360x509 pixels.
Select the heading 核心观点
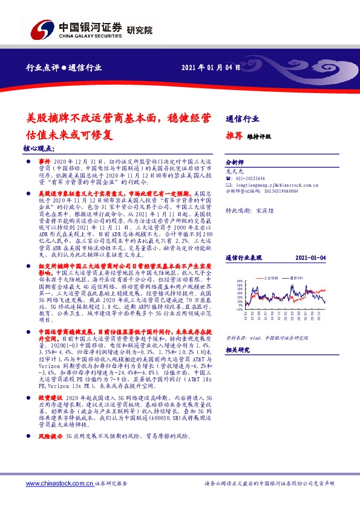pos(39,149)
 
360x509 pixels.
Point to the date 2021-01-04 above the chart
pos(312,258)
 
